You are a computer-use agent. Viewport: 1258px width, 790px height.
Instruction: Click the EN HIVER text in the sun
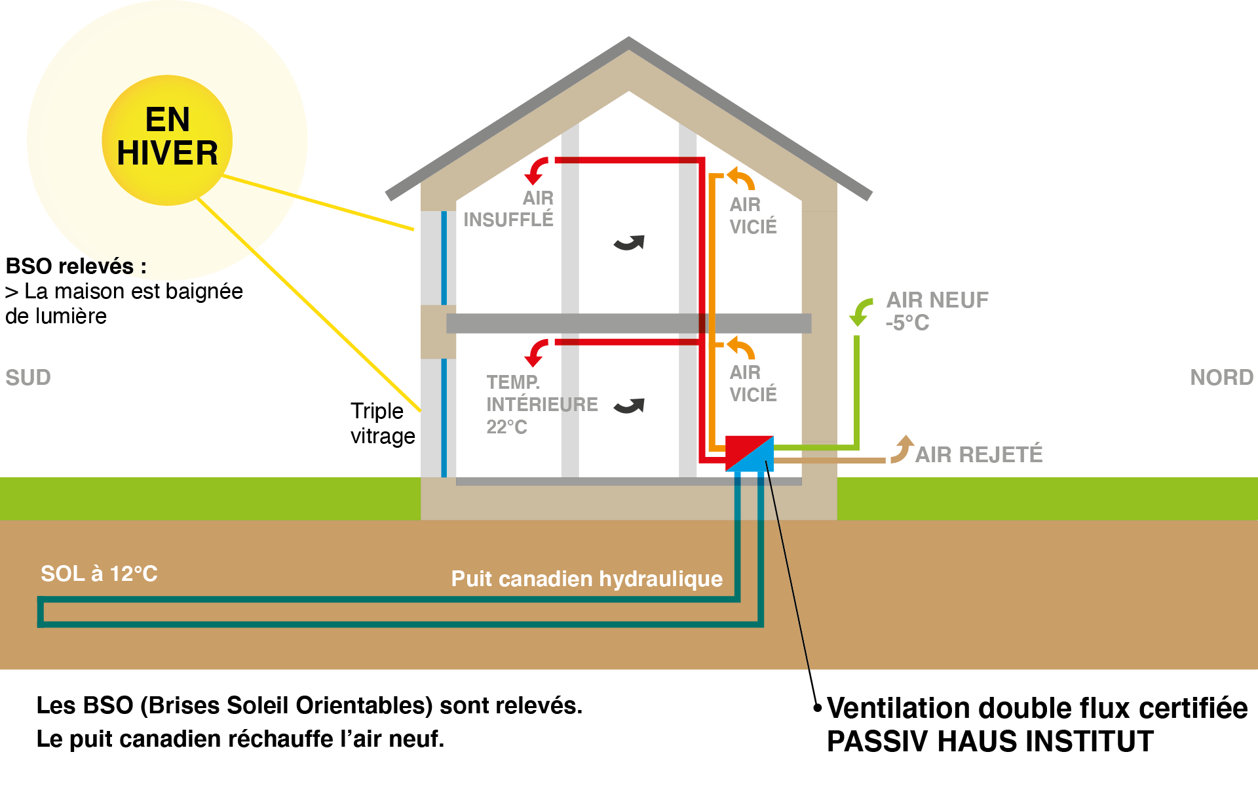167,136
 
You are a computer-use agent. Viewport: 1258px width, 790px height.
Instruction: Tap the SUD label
28,378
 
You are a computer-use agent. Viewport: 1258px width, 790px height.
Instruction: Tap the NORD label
1221,378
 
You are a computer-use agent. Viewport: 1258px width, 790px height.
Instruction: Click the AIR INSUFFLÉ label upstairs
509,208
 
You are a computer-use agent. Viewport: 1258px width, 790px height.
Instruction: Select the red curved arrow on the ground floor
537,352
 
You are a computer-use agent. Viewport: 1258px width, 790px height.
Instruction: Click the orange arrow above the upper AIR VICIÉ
741,178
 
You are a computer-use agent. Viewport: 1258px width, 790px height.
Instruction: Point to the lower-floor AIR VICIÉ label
753,384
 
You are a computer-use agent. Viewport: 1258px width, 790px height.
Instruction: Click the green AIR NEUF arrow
860,311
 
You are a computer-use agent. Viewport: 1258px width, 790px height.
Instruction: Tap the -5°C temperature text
907,323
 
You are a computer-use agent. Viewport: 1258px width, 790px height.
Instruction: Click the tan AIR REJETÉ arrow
902,450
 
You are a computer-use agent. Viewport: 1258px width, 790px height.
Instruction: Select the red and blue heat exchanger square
750,453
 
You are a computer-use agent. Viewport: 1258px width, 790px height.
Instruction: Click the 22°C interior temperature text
506,427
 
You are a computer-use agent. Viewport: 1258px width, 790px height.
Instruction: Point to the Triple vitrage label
382,424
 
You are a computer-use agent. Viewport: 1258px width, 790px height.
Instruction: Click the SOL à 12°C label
99,574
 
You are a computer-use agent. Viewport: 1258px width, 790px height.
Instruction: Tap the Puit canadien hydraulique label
586,579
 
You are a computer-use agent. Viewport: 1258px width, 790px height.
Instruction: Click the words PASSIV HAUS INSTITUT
989,742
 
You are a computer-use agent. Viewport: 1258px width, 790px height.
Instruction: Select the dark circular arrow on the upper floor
629,243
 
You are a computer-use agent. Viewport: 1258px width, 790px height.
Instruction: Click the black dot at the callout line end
817,707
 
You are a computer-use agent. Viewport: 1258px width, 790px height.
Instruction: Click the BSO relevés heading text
75,266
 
